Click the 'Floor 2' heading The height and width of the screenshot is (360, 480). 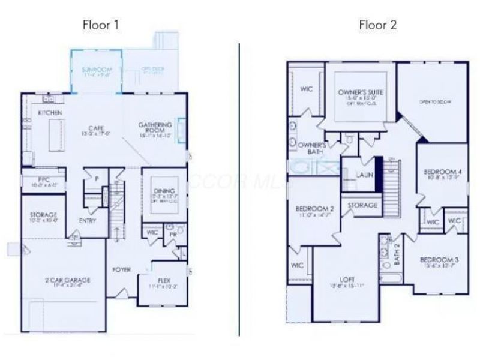(x=378, y=25)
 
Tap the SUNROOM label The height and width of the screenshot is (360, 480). (x=97, y=70)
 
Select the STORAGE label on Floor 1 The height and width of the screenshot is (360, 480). (x=43, y=214)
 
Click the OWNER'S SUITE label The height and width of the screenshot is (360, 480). (x=360, y=92)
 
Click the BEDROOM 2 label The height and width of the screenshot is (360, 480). (x=315, y=208)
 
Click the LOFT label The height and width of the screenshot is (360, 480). (x=347, y=278)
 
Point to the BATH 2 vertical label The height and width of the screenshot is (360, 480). (x=397, y=254)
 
